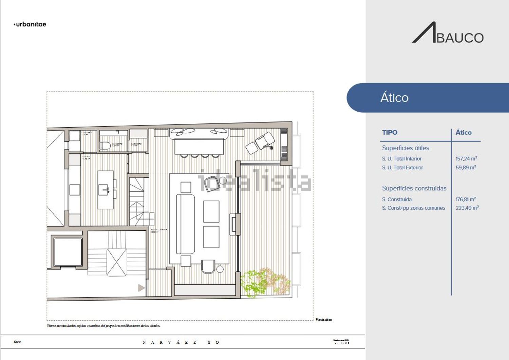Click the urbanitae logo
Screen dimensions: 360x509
[x=30, y=24]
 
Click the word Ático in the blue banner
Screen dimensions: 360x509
[x=394, y=98]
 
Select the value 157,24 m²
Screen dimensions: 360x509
[x=466, y=158]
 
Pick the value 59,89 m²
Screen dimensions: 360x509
[x=466, y=167]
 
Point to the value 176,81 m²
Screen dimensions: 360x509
[x=466, y=199]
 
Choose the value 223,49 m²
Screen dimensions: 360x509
[x=467, y=208]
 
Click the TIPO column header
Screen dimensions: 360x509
[x=390, y=132]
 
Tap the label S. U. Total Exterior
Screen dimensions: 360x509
[x=402, y=167]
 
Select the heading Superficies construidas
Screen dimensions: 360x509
[x=414, y=188]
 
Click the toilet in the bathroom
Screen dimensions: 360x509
[x=105, y=146]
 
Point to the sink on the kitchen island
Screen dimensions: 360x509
[x=104, y=190]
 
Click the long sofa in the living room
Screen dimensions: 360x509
[x=185, y=224]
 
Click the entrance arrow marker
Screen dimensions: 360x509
[x=142, y=288]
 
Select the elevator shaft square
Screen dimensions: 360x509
[x=68, y=252]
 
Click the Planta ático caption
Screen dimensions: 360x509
[x=324, y=320]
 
